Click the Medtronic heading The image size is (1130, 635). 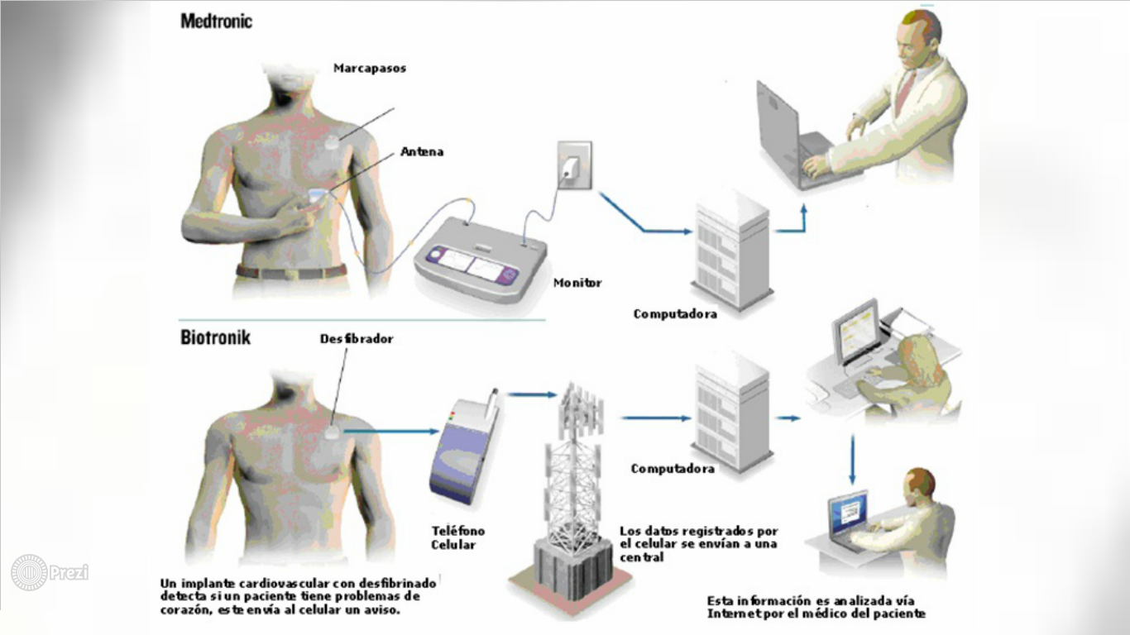click(216, 21)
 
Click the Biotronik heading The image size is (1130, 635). click(215, 337)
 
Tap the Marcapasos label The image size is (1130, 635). click(370, 69)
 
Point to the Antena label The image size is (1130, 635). click(422, 152)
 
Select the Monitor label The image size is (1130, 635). click(577, 283)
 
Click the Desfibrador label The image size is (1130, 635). click(357, 339)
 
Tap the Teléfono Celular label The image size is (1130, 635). click(457, 537)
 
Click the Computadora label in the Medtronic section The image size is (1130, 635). click(675, 314)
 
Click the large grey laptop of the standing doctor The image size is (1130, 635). click(786, 136)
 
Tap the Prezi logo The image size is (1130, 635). click(49, 572)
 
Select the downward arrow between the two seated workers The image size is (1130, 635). click(852, 460)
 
